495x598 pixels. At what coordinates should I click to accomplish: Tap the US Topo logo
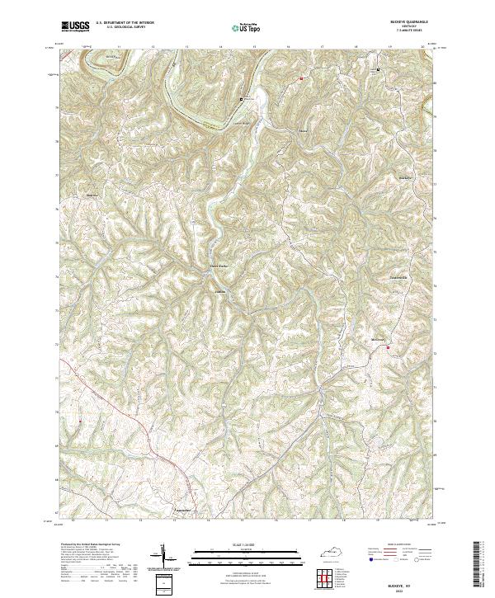[x=248, y=28]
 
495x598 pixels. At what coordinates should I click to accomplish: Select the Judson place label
[x=220, y=290]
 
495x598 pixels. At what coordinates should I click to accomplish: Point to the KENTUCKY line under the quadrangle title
[x=412, y=28]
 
